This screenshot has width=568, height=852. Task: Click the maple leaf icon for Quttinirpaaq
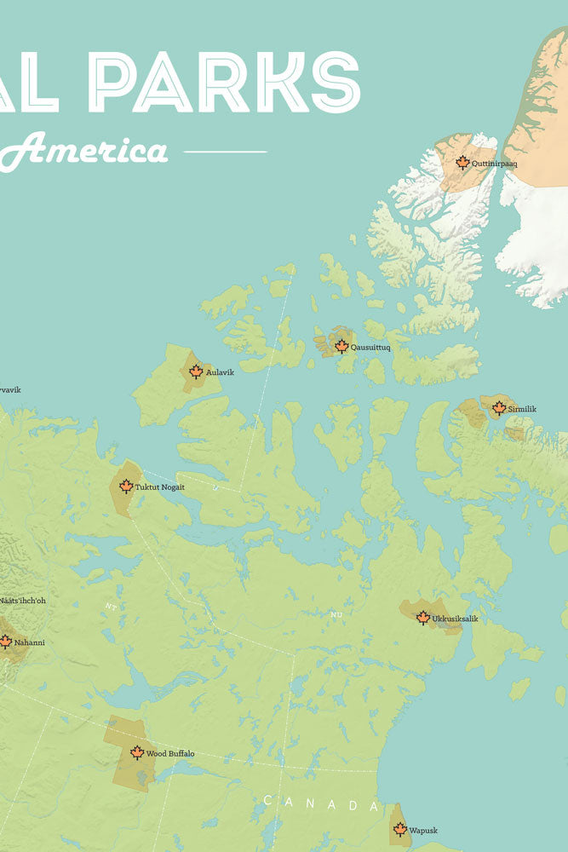(462, 162)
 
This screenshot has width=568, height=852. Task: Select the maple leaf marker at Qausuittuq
(341, 346)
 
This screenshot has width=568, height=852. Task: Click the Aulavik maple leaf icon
(196, 371)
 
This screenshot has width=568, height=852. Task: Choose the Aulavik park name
(220, 372)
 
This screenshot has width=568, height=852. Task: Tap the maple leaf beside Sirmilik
(499, 408)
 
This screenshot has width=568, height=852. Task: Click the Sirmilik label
(522, 410)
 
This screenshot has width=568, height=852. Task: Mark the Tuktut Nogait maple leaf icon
(126, 486)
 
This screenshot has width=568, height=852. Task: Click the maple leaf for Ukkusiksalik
(423, 618)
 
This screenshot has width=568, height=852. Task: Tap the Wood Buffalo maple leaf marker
(137, 752)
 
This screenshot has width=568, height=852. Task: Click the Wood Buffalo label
(170, 754)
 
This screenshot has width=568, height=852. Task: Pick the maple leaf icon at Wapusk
(399, 828)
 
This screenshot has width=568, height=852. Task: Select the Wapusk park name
(423, 829)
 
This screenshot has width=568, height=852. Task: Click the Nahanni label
(29, 642)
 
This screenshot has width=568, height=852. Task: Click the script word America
(94, 152)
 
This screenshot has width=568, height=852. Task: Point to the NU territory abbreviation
(336, 613)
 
